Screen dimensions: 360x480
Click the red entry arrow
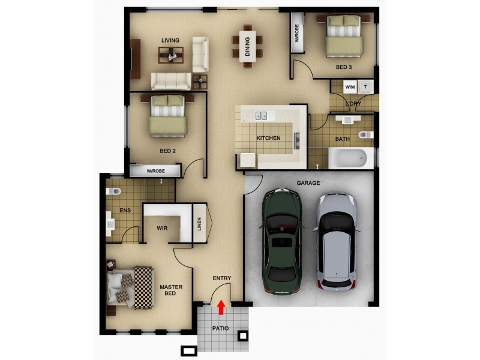[221, 307]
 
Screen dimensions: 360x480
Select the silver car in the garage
[337, 240]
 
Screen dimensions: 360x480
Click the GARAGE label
[308, 183]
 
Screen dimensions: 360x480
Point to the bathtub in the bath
[348, 158]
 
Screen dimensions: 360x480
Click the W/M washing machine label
[349, 87]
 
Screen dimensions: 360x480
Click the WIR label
[162, 229]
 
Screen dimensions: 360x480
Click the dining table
[247, 45]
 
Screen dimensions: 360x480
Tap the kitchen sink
[262, 115]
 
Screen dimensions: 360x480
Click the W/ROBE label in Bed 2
[155, 171]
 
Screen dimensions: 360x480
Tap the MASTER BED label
[171, 291]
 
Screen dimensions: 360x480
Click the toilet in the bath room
[365, 134]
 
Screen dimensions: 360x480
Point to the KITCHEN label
[268, 138]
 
